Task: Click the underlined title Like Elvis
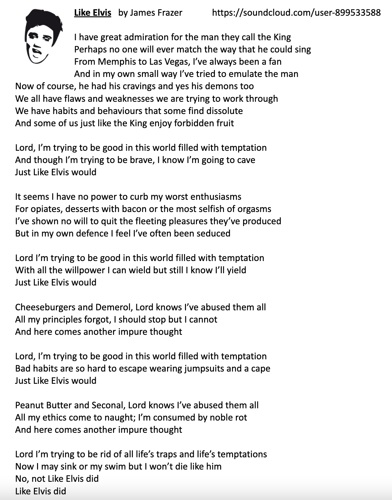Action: coord(93,13)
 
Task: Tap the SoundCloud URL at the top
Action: coord(296,13)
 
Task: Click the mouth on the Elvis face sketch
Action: coord(37,51)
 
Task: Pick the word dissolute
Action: coord(224,111)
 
